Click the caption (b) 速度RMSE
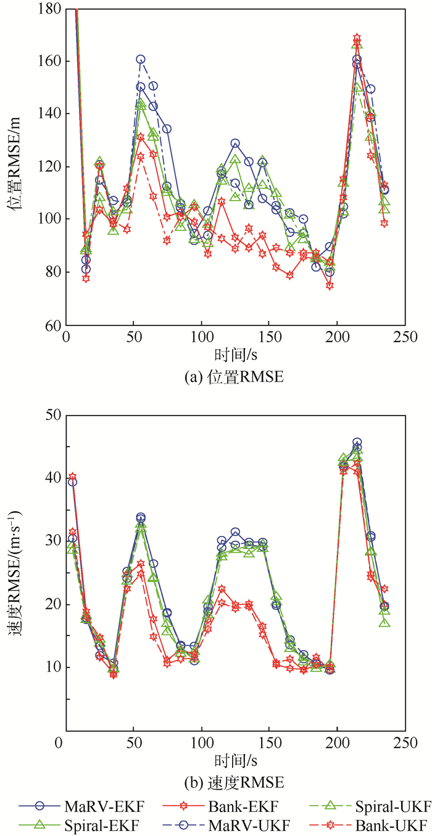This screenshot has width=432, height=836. (233, 783)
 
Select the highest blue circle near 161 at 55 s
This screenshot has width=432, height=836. (141, 60)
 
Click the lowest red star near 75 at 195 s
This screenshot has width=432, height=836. (330, 286)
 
